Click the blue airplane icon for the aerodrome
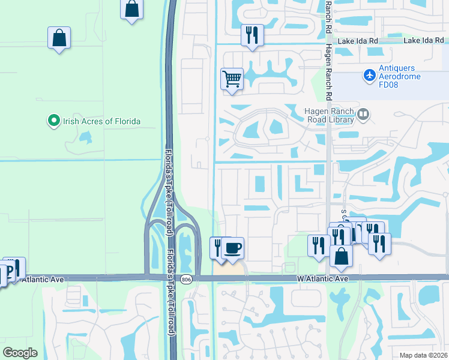[369, 76]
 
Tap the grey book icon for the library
[363, 114]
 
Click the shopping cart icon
[232, 79]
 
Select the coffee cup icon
[234, 247]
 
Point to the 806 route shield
[187, 279]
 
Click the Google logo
[20, 353]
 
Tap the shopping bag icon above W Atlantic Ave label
[341, 256]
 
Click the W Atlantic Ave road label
[322, 279]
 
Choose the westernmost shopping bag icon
[59, 38]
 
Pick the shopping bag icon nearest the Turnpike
[132, 10]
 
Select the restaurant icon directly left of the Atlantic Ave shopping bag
[318, 245]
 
